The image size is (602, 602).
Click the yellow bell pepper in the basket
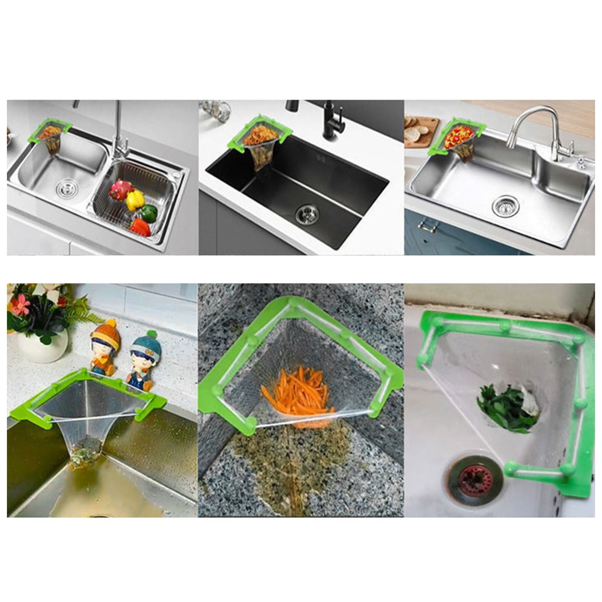pos(135,200)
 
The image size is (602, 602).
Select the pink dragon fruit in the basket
pos(120,190)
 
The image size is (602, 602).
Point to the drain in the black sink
pos(307,213)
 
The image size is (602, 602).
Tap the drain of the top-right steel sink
pos(505,206)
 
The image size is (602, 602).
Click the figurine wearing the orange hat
pos(105,346)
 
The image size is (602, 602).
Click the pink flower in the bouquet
pos(21,305)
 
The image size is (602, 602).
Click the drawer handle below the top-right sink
pos(428,227)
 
